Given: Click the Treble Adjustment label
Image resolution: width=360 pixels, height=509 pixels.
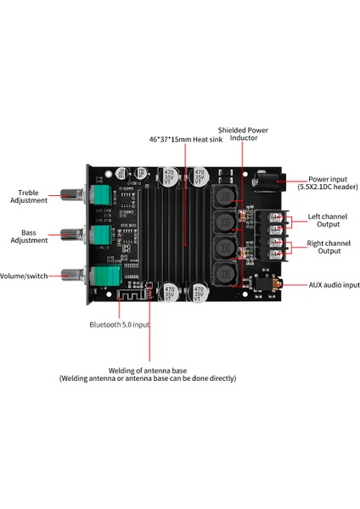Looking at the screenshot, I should [x=23, y=196].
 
